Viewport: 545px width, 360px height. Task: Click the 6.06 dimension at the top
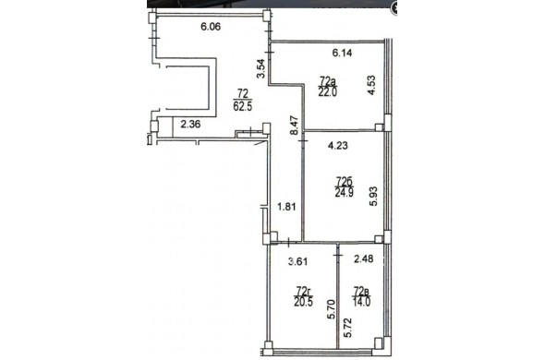[211, 27]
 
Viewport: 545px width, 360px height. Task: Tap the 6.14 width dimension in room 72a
[342, 53]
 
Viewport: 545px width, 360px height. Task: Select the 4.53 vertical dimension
[371, 85]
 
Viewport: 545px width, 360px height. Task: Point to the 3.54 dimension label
[261, 69]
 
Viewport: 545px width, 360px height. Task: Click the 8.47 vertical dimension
[295, 126]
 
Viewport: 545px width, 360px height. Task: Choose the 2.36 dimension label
[190, 124]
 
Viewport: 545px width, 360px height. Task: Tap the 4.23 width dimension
[338, 145]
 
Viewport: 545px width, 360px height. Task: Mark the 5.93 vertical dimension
[373, 197]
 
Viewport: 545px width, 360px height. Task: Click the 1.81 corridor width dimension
[286, 207]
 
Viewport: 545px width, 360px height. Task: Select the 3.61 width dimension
[298, 261]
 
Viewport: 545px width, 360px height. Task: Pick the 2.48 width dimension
[364, 258]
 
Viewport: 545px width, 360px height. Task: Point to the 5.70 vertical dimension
[333, 309]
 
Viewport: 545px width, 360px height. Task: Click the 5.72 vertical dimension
[347, 328]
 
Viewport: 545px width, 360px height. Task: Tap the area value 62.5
[243, 106]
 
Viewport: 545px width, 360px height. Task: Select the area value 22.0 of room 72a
[328, 92]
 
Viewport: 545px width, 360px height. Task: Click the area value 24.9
[345, 192]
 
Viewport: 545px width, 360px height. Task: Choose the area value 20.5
[303, 302]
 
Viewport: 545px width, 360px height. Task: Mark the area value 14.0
[361, 301]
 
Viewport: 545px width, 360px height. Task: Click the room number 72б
[345, 182]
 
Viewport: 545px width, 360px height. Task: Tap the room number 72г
[303, 291]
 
